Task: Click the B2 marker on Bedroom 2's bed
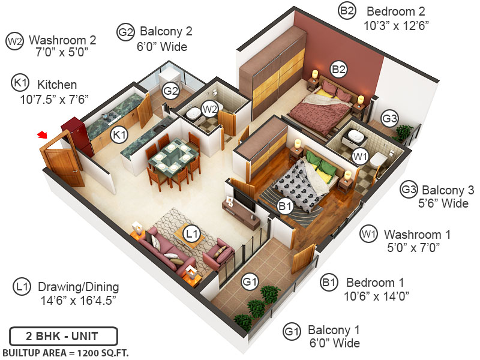coord(340,69)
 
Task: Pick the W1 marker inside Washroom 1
coord(360,157)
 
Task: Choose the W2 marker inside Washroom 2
coord(209,109)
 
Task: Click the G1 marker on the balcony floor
coord(250,281)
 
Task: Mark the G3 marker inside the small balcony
coord(390,119)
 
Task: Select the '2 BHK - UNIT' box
coord(63,335)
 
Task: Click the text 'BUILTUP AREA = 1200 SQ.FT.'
coord(65,352)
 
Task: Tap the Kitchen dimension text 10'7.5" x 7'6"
coord(54,98)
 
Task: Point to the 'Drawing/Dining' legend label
coord(78,287)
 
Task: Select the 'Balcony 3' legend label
coord(448,190)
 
